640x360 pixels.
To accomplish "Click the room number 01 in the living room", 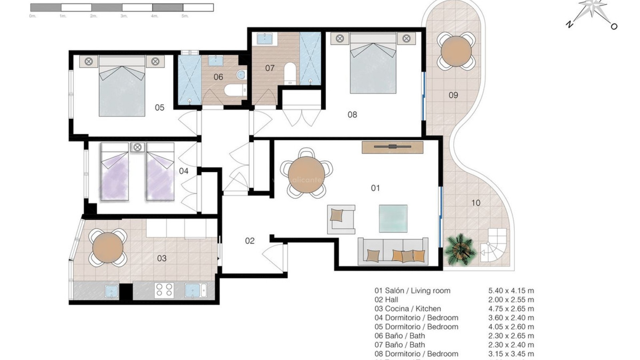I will (x=375, y=188).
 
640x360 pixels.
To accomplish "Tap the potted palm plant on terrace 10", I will (x=460, y=249).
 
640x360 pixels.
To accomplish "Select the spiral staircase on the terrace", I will (x=493, y=246).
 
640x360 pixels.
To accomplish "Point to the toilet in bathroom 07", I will (x=290, y=73).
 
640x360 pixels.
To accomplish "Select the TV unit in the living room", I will (x=392, y=147).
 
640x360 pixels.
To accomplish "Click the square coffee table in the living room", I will (x=393, y=218).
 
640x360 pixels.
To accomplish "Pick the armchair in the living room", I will (x=341, y=219).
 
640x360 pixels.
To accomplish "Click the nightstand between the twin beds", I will (x=137, y=147).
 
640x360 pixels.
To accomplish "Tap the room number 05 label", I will (x=160, y=108).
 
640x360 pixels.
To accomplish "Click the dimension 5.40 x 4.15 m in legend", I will (x=511, y=291).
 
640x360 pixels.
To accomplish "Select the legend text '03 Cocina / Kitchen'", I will (x=408, y=309).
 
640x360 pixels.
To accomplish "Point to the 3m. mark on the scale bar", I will (x=124, y=16).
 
